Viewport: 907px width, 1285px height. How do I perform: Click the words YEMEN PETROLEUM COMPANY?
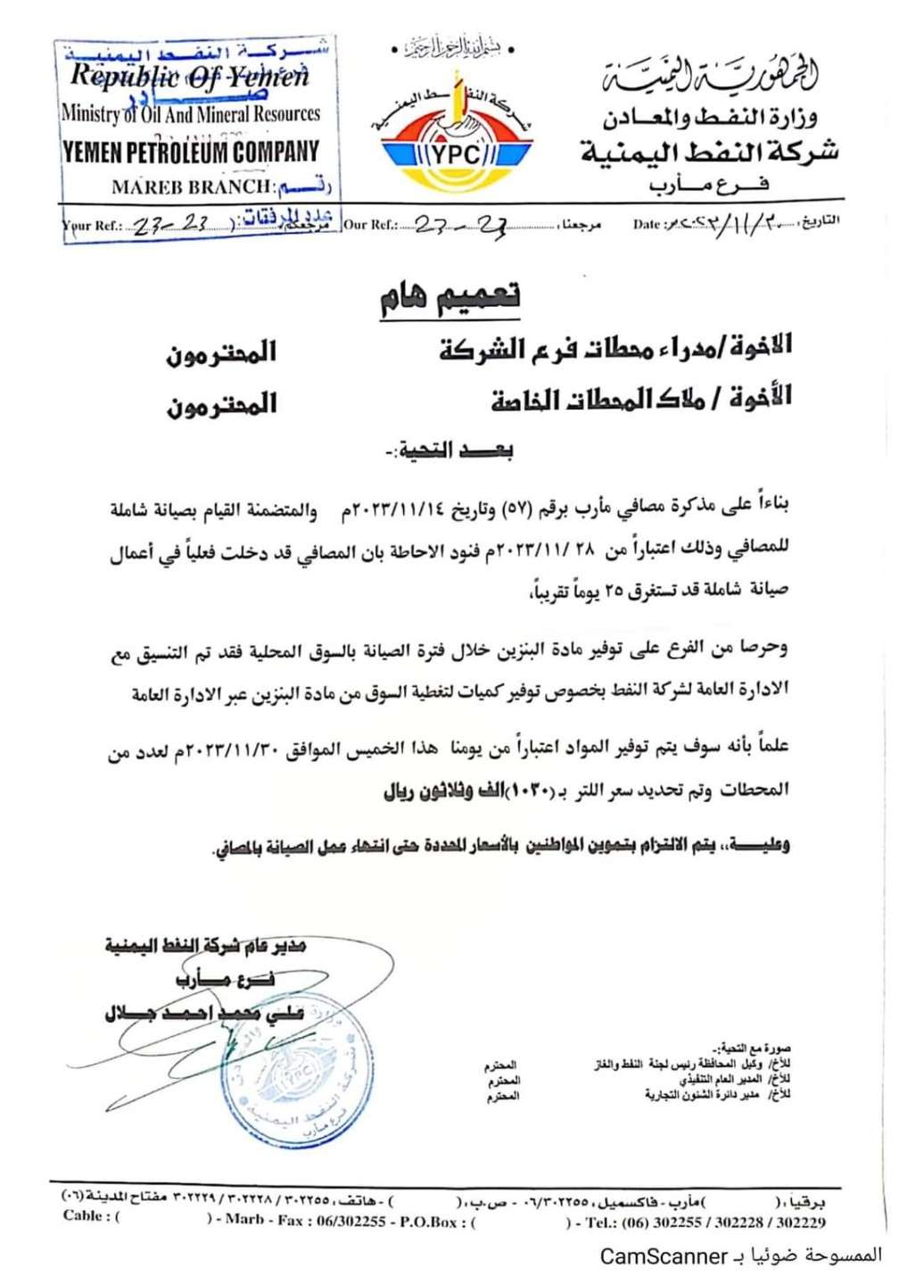point(190,152)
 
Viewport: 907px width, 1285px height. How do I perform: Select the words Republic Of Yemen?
point(190,77)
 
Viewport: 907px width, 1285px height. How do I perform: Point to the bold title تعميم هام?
point(449,297)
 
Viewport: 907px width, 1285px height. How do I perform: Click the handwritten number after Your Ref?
point(169,226)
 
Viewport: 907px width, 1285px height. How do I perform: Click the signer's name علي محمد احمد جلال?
point(205,1013)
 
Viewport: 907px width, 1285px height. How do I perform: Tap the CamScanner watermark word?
point(664,1256)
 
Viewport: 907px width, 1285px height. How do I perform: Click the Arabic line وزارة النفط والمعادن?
point(710,117)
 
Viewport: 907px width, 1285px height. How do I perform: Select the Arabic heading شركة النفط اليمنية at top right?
point(710,152)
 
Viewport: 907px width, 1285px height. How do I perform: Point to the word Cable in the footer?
point(86,1215)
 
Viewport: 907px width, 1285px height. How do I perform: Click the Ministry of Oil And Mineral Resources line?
point(190,114)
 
